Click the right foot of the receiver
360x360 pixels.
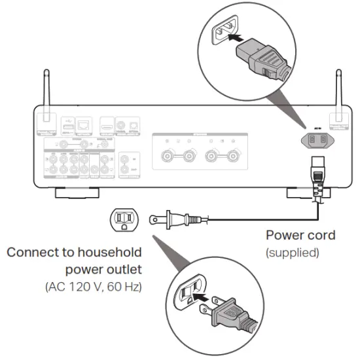tap(307, 193)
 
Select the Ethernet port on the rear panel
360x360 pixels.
tap(84, 122)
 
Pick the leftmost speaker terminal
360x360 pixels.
tap(167, 156)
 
